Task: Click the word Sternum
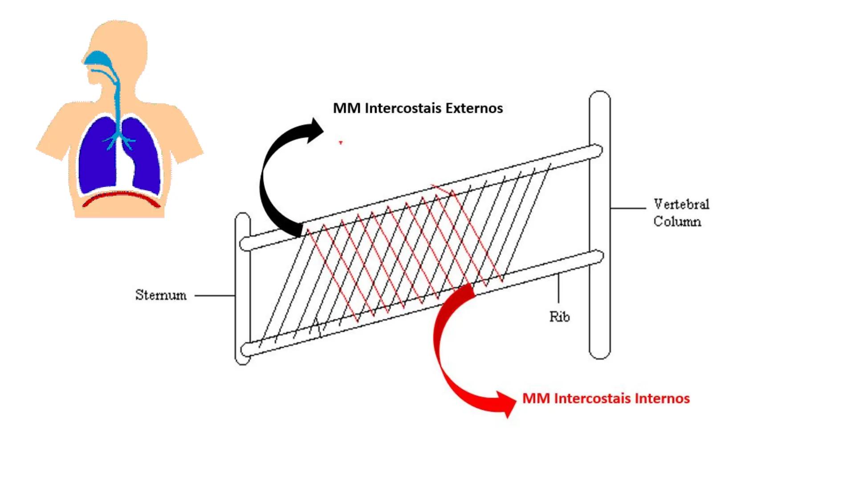tap(161, 295)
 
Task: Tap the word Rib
tap(559, 317)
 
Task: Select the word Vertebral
tap(681, 204)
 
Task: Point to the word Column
tap(677, 221)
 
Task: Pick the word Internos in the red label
tap(662, 398)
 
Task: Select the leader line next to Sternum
tap(215, 295)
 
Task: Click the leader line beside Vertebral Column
tap(628, 208)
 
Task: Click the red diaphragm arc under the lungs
tap(121, 198)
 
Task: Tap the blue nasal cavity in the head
tap(98, 58)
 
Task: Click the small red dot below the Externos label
tap(341, 143)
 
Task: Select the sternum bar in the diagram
tap(243, 289)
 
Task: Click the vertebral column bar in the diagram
tap(600, 223)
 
